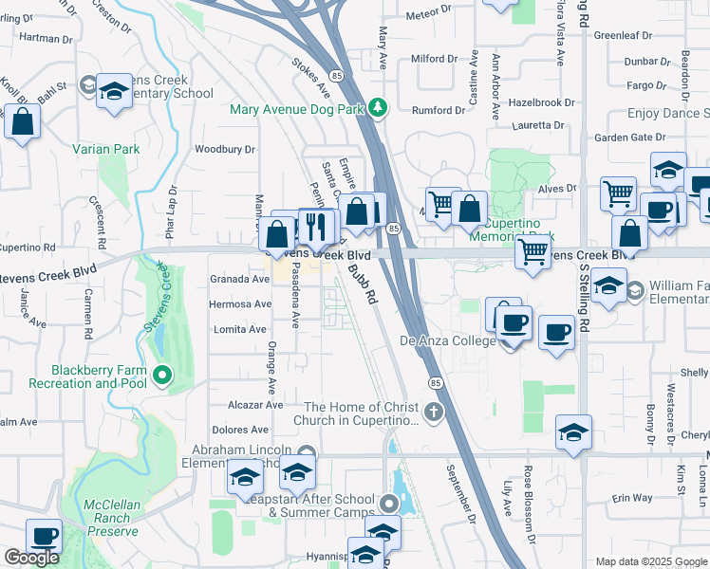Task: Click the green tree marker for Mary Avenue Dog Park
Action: tap(379, 107)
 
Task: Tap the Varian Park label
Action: tap(106, 149)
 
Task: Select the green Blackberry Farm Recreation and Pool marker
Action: tap(162, 376)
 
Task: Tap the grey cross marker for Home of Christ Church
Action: tap(434, 412)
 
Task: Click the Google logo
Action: tap(31, 558)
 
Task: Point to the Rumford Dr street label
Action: tap(439, 109)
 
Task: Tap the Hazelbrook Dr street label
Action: tap(542, 101)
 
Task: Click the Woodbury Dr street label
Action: tap(225, 149)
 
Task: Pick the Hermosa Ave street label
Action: tap(242, 304)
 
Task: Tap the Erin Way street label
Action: tap(632, 498)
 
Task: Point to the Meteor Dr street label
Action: tap(429, 11)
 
